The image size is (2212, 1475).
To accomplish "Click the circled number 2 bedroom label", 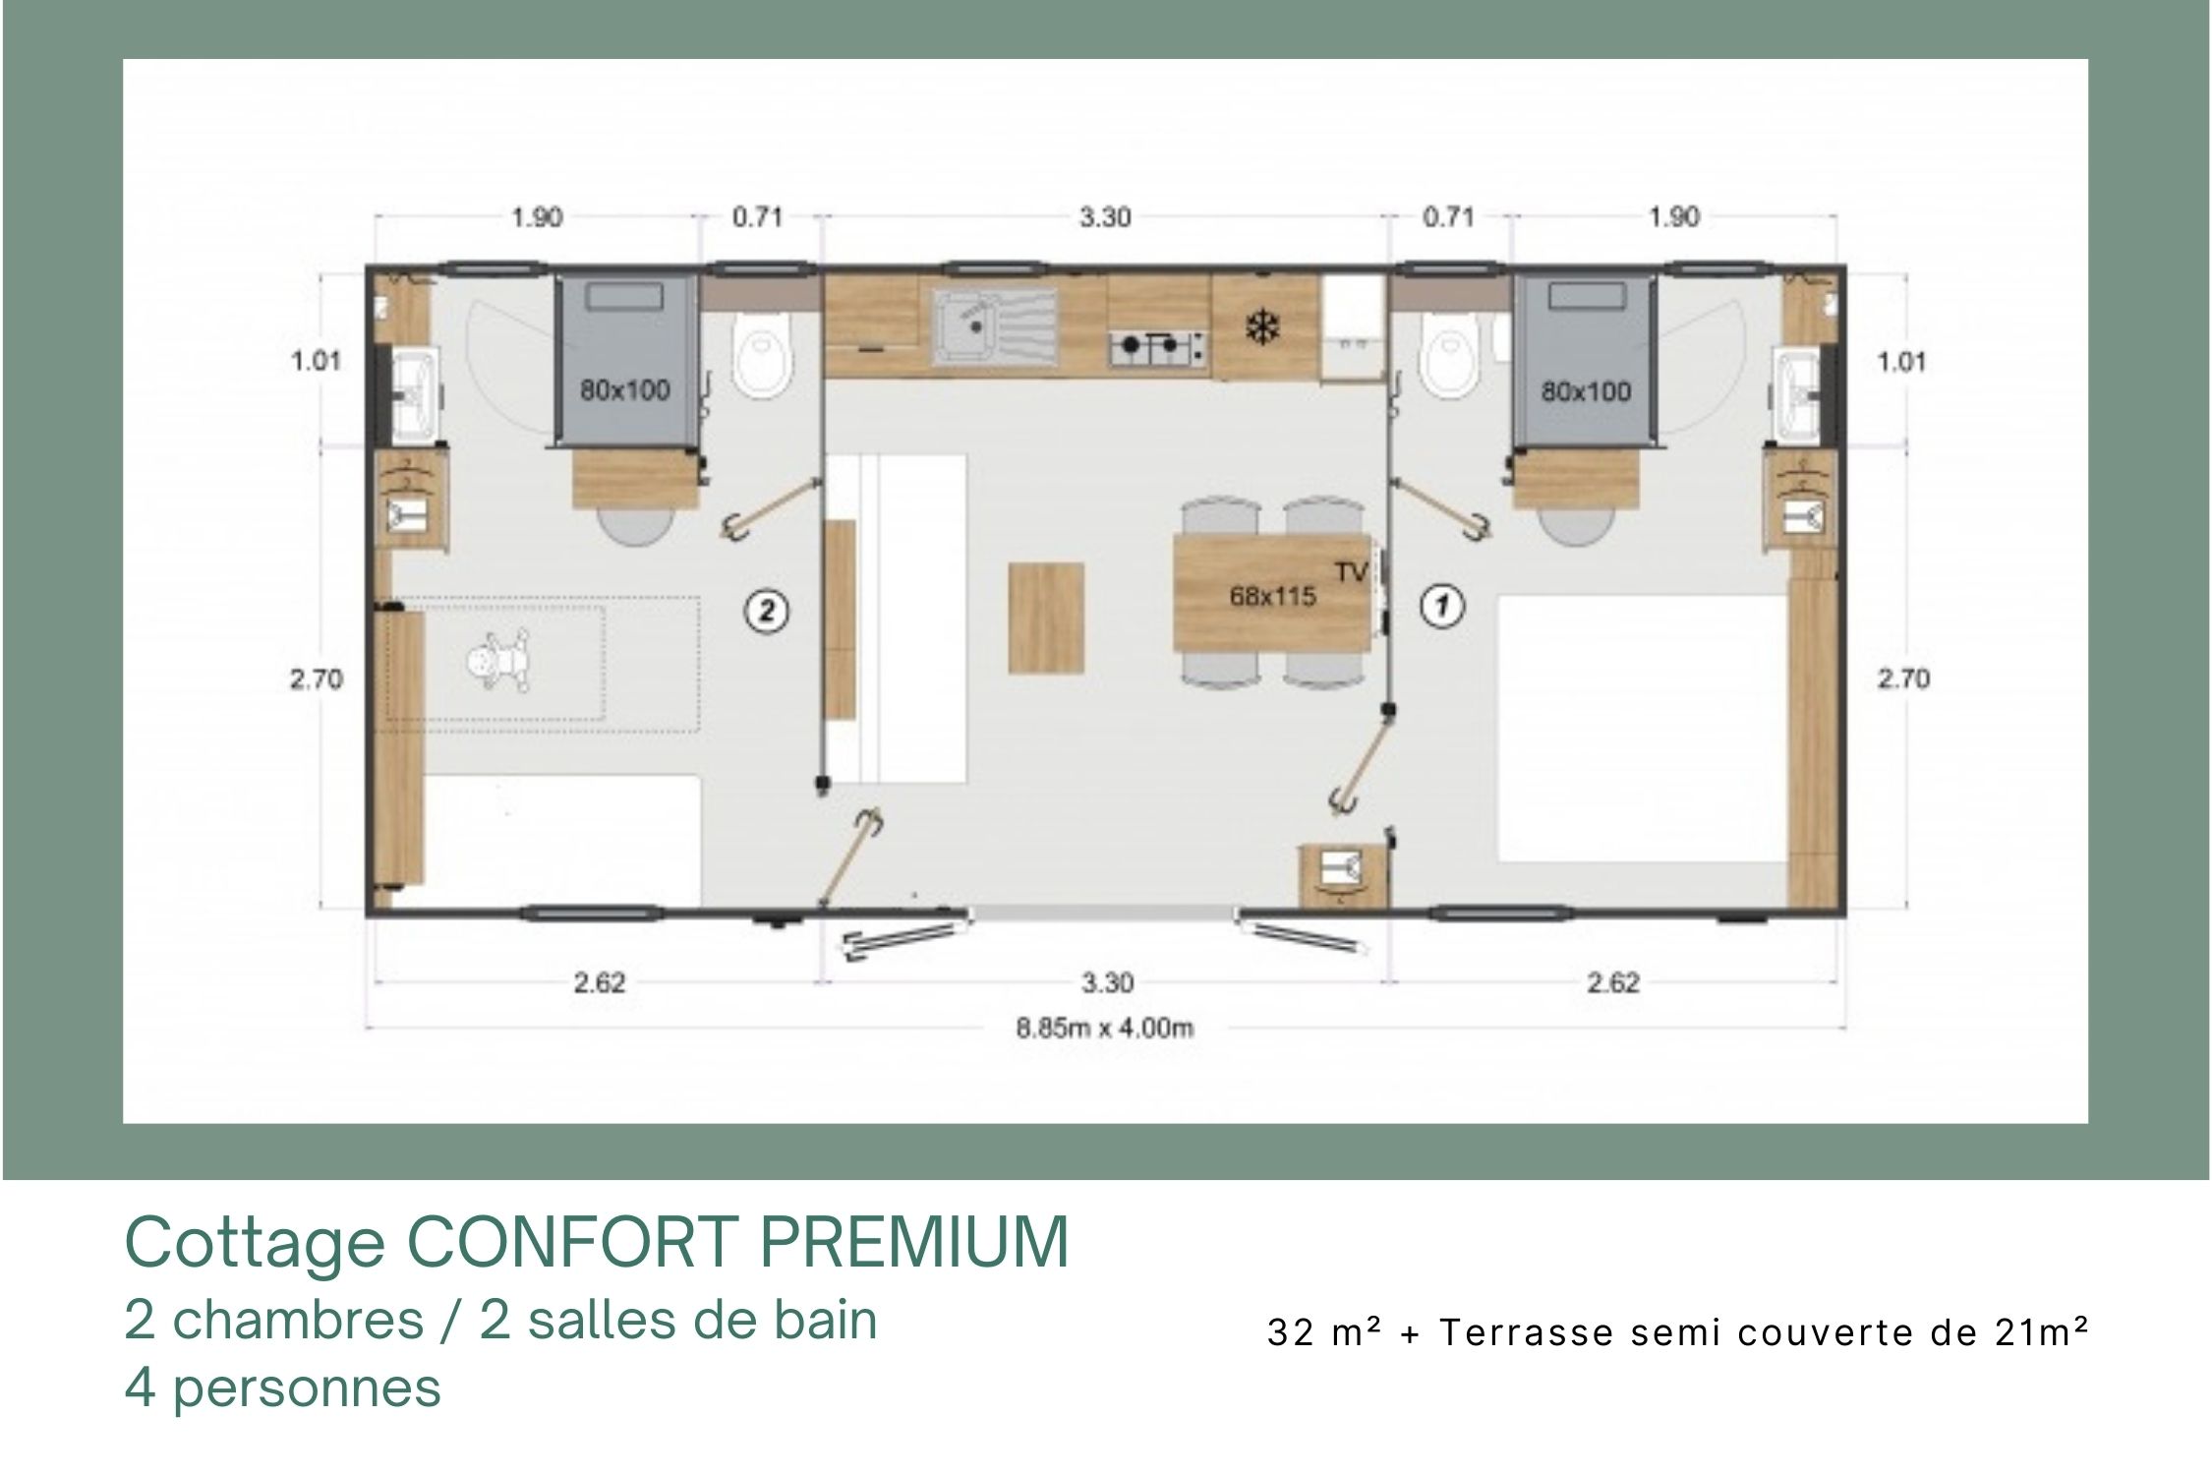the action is click(767, 612).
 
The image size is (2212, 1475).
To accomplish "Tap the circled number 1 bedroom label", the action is click(1442, 606).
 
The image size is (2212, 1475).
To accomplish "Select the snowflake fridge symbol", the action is click(1259, 327).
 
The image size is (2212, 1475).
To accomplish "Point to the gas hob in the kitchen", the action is click(1159, 345).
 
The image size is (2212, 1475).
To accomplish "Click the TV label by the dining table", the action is click(1352, 571).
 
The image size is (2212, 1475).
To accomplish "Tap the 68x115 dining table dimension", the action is click(1273, 596).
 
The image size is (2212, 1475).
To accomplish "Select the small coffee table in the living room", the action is click(1046, 618).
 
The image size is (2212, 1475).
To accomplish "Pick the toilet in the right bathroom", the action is click(1449, 360).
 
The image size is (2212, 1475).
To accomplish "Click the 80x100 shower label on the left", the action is click(624, 390).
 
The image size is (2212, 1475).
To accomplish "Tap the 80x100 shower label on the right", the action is click(1586, 391).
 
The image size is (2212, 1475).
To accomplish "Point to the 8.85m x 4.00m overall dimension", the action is click(1105, 1029).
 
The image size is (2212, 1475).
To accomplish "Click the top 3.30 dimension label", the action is click(1105, 216).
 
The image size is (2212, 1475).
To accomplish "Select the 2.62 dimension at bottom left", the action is click(600, 982).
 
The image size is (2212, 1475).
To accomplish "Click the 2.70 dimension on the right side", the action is click(1903, 678).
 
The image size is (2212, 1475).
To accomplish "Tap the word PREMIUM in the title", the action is click(914, 1242).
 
